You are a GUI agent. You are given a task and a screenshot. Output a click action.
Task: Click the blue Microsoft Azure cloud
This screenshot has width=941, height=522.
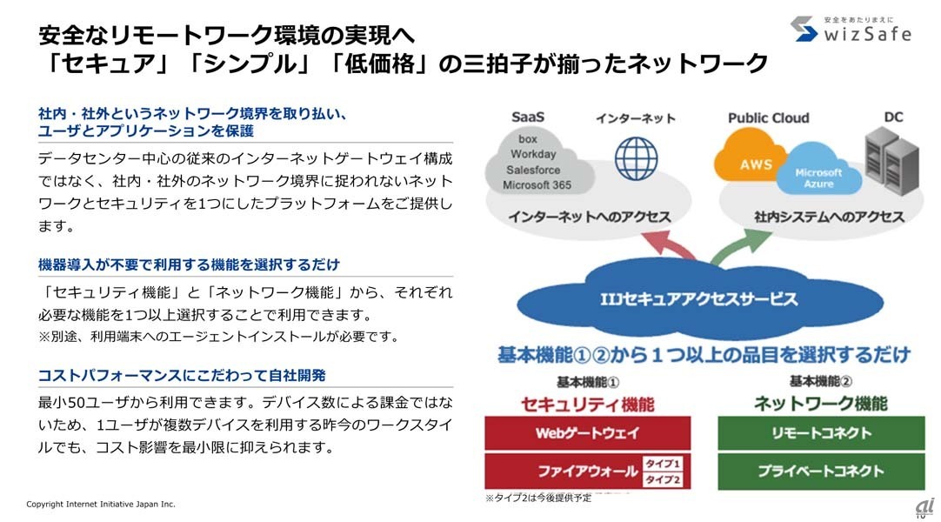tap(818, 176)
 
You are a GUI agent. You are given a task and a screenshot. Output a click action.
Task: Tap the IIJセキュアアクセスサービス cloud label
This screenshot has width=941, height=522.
tap(698, 298)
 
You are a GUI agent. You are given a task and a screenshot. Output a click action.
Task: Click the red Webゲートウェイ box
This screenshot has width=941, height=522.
tap(587, 432)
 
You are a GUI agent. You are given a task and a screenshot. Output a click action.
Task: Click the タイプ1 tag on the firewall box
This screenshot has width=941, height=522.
tap(663, 464)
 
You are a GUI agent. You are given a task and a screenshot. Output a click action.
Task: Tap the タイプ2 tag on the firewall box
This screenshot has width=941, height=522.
tap(663, 479)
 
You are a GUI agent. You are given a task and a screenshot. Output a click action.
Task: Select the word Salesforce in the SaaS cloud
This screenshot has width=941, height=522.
tap(533, 170)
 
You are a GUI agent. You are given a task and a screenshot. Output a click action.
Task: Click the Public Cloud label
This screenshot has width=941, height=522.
tap(768, 117)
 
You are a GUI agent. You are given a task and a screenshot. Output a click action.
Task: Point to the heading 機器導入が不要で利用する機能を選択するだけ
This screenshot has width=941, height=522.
tap(189, 264)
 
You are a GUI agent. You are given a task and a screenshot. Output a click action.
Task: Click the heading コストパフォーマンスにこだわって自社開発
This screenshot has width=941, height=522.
tap(182, 375)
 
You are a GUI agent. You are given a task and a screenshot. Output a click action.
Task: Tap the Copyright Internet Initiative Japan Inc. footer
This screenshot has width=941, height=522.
tap(101, 504)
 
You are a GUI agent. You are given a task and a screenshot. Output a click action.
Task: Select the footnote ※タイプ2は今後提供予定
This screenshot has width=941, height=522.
tap(537, 499)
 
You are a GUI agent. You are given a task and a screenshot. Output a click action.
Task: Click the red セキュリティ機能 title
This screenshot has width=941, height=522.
tap(587, 404)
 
